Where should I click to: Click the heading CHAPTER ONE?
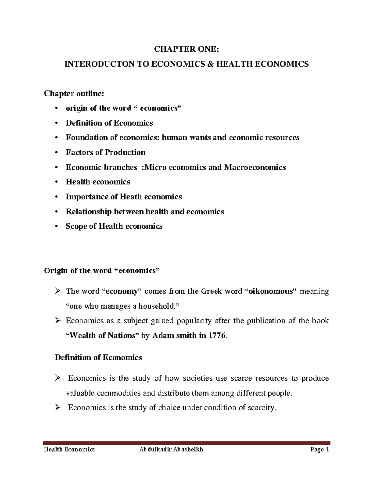pyautogui.click(x=186, y=49)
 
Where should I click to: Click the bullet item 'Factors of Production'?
pyautogui.click(x=105, y=152)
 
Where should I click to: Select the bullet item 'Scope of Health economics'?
pyautogui.click(x=114, y=226)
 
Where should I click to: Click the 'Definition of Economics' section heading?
pyautogui.click(x=98, y=357)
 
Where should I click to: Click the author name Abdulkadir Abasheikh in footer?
pyautogui.click(x=171, y=449)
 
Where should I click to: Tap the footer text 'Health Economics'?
pyautogui.click(x=69, y=449)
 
